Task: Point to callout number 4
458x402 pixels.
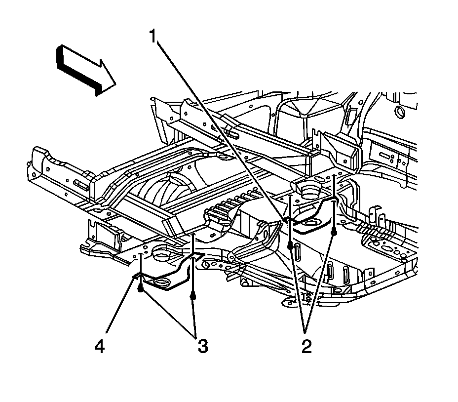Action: point(100,347)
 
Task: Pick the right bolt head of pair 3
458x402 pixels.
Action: point(192,297)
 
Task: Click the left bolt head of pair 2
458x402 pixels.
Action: point(291,245)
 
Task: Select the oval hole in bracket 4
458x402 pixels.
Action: point(162,282)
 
